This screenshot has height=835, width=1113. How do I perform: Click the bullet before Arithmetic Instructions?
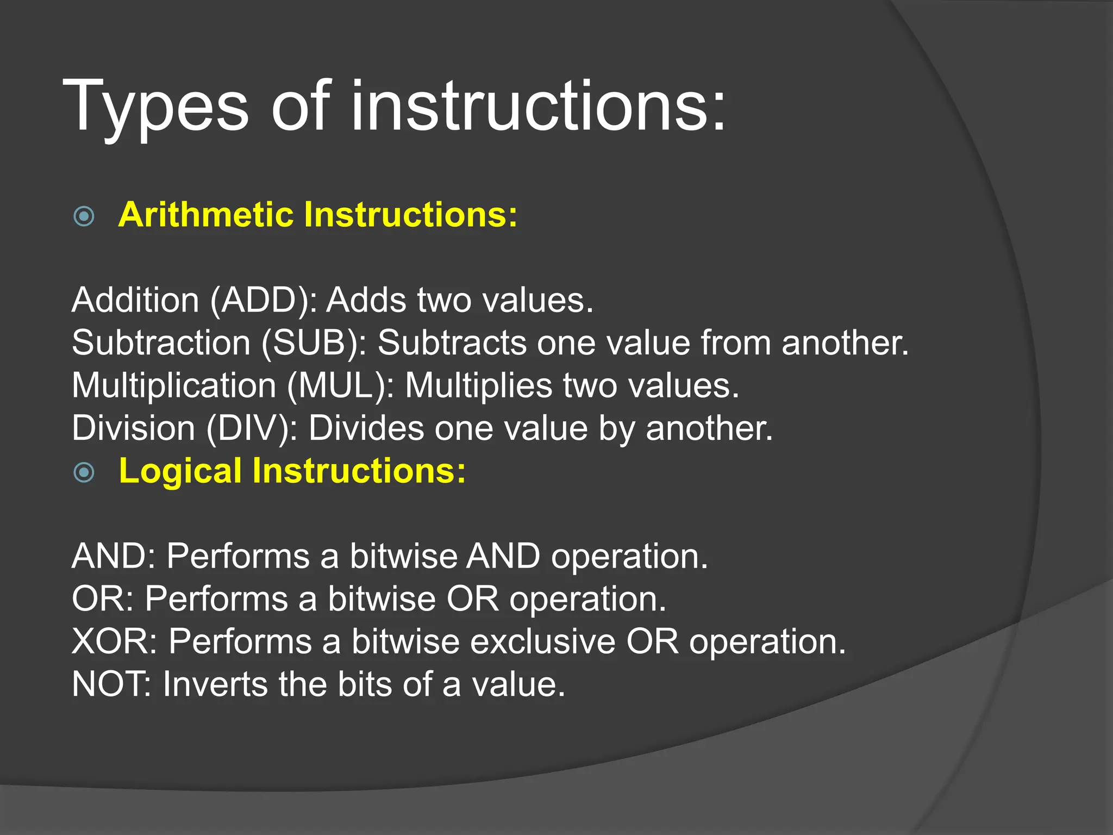[84, 216]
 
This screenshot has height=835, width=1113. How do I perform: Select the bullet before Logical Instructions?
[84, 472]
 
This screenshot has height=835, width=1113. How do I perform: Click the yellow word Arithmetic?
[205, 215]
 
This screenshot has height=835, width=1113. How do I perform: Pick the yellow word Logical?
[180, 471]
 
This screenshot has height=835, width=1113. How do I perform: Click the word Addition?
[135, 300]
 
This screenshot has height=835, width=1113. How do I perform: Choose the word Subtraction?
[161, 343]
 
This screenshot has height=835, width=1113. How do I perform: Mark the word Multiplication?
[174, 385]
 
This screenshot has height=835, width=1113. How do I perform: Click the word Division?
[133, 428]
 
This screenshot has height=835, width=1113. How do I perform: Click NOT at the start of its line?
[111, 684]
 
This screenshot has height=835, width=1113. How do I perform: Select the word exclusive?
[542, 641]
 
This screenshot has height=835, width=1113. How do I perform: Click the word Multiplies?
[478, 385]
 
